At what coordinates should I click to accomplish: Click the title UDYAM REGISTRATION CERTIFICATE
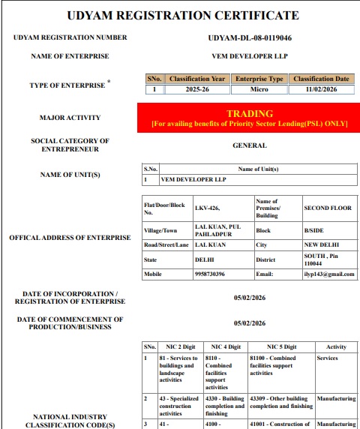pos(182,15)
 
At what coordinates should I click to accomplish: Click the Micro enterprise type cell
pos(259,89)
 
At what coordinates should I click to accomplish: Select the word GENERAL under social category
pos(249,145)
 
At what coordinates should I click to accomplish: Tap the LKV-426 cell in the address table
pos(207,208)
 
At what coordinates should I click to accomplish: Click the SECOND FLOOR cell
pos(322,208)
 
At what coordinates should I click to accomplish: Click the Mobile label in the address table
pos(153,274)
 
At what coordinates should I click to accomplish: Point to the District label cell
pos(266,259)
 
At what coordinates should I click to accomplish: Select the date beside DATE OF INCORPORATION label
pos(249,298)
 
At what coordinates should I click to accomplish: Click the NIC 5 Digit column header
pos(280,346)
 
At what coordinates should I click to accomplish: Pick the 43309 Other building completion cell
pos(280,403)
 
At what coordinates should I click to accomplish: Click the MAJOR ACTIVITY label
pos(70,118)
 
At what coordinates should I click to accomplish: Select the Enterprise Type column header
pos(259,79)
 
